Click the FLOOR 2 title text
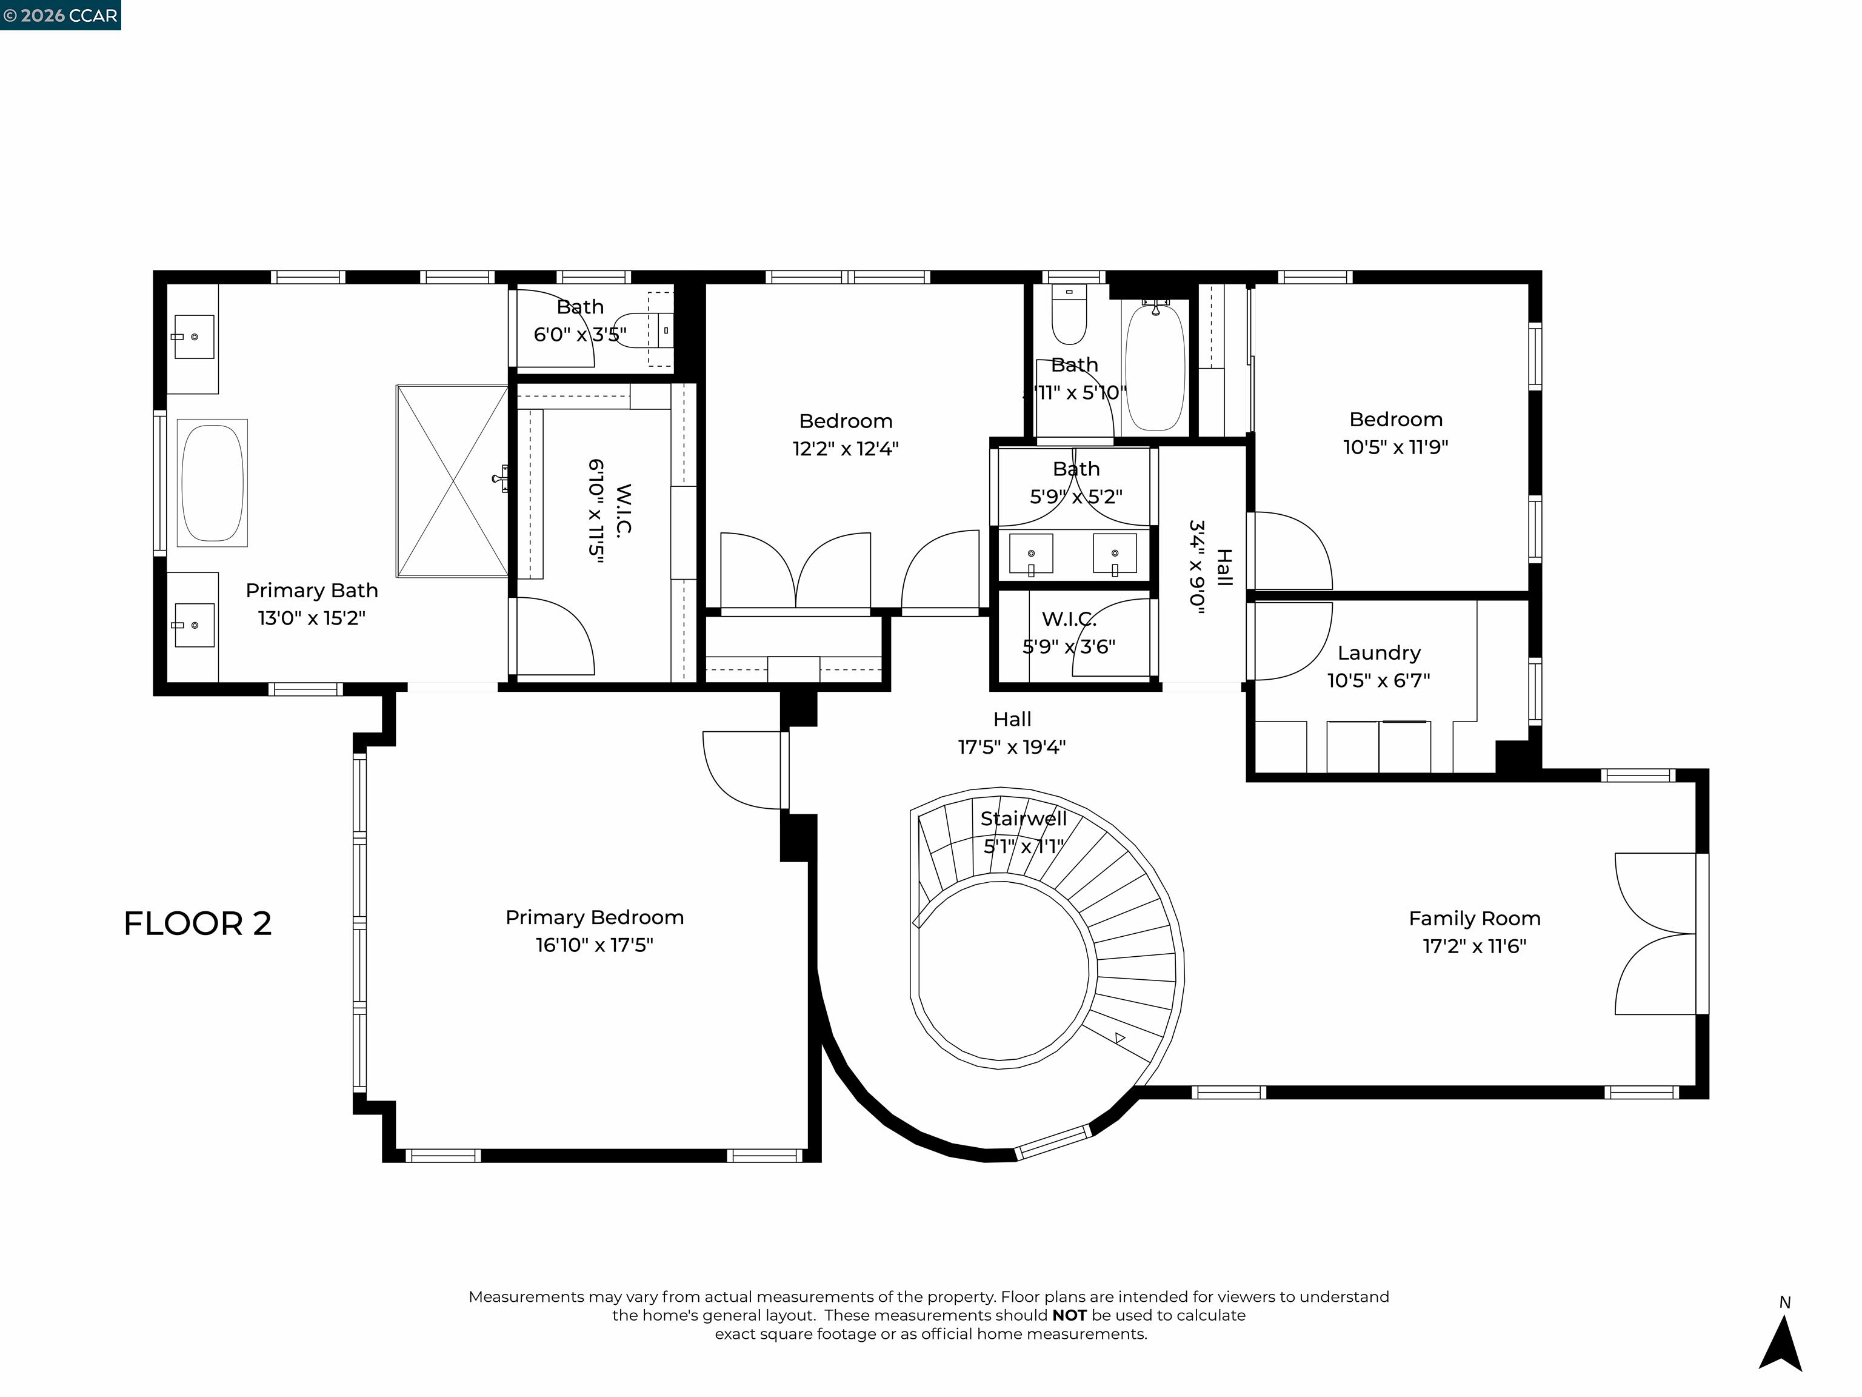(198, 924)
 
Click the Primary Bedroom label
(594, 917)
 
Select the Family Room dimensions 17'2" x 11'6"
(1474, 946)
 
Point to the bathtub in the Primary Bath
(212, 483)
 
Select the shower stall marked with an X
(452, 481)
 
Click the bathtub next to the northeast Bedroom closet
(1155, 368)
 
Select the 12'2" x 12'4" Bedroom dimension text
(845, 448)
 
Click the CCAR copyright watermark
(61, 15)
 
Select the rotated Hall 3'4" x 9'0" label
(1210, 568)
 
